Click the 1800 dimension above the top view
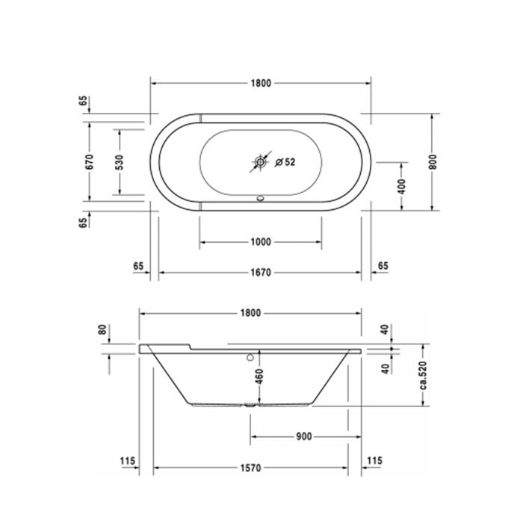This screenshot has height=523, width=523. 261,83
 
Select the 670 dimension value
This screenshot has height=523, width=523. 90,162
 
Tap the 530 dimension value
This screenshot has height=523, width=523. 120,162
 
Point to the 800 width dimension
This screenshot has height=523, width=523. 433,162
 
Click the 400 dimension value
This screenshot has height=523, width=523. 402,187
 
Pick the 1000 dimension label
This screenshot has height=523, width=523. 261,242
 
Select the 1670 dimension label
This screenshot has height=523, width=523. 261,273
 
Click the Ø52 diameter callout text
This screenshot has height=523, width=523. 285,162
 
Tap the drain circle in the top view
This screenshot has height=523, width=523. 260,162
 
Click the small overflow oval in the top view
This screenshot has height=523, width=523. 261,199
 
